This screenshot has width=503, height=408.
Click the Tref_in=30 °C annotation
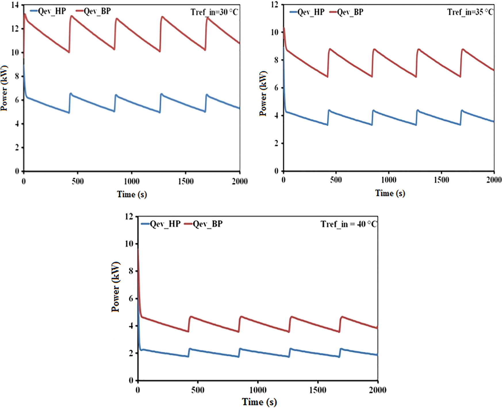tap(214, 12)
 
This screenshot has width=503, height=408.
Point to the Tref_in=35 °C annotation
tap(470, 12)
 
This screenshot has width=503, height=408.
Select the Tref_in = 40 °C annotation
tap(349, 224)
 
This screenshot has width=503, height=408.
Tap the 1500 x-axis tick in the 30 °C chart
tap(185, 181)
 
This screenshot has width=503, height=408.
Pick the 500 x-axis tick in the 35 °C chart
tap(336, 180)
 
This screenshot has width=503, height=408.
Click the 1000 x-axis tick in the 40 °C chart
tap(258, 390)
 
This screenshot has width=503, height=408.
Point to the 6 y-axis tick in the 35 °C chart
tap(276, 88)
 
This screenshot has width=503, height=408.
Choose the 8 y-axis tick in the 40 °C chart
tap(131, 271)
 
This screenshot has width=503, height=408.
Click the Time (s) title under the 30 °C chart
tap(132, 195)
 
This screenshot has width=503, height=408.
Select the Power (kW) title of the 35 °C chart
tap(263, 93)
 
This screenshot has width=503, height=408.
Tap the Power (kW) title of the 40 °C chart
tap(116, 287)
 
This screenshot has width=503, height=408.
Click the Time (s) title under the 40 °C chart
tap(259, 402)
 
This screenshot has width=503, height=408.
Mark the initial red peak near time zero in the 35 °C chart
tap(284, 28)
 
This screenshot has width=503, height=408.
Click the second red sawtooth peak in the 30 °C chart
tap(71, 16)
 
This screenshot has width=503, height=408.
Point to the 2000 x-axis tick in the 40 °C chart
tap(378, 390)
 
